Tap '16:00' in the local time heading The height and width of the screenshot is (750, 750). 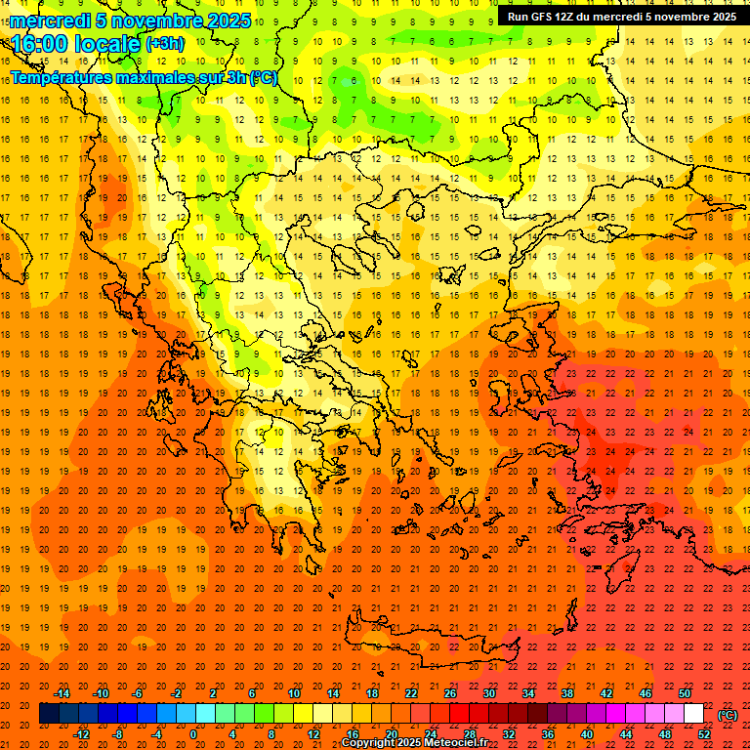pos(40,44)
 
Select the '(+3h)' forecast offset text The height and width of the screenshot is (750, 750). pos(163,44)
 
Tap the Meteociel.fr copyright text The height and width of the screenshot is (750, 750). pos(414,743)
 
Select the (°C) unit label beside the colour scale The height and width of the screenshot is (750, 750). pos(728,714)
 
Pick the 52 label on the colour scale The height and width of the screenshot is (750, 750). pos(704,734)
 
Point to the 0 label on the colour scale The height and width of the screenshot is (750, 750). pos(193,734)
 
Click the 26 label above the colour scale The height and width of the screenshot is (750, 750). pos(450,693)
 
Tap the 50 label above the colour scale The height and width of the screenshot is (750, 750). pos(685,693)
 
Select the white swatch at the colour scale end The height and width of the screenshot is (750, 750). pos(693,714)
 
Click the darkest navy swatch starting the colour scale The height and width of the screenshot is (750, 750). pos(49,714)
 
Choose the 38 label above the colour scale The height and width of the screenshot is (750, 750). pos(567,693)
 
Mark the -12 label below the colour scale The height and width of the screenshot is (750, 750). pos(82,734)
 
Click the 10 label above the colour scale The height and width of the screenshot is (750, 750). pos(294,693)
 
